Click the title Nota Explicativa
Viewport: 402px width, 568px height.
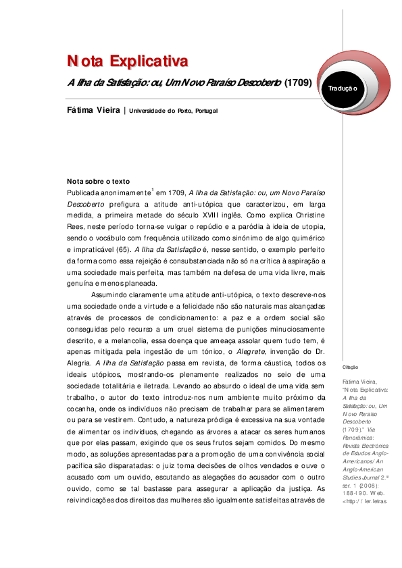tap(126, 62)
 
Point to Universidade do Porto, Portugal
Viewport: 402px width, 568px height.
tap(174, 111)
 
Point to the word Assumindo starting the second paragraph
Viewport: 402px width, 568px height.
tap(111, 294)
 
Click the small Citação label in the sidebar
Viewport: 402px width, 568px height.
tap(351, 367)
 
